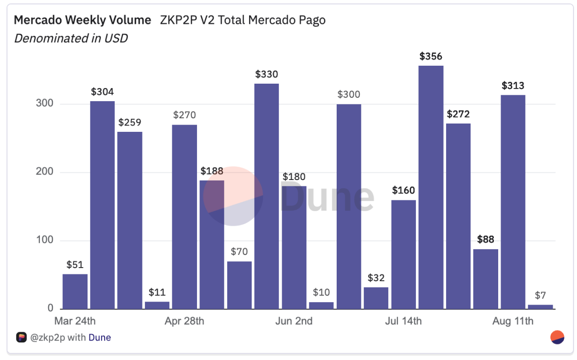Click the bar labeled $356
pyautogui.click(x=431, y=187)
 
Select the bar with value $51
pyautogui.click(x=75, y=291)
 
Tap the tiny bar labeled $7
pyautogui.click(x=541, y=306)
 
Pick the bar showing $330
pyautogui.click(x=267, y=196)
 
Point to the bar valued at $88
pyautogui.click(x=486, y=279)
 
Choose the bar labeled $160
pyautogui.click(x=404, y=254)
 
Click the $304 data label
pyautogui.click(x=103, y=92)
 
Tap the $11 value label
pyautogui.click(x=157, y=292)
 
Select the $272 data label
pyautogui.click(x=458, y=114)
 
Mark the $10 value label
pyautogui.click(x=321, y=292)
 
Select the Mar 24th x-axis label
pyautogui.click(x=75, y=321)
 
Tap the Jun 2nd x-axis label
pyautogui.click(x=294, y=321)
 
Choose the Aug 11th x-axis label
pyautogui.click(x=513, y=321)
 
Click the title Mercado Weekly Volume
pyautogui.click(x=82, y=20)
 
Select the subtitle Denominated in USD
pyautogui.click(x=71, y=38)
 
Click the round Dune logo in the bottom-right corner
pyautogui.click(x=557, y=337)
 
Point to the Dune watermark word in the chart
pyautogui.click(x=327, y=197)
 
